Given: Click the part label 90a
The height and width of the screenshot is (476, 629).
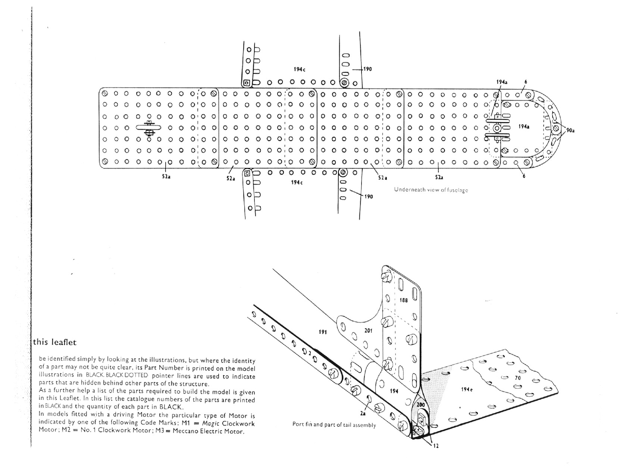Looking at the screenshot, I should pos(570,130).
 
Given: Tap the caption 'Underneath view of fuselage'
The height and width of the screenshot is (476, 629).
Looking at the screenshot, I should pos(431,190).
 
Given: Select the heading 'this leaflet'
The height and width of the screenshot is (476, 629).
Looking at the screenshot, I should pos(55,342).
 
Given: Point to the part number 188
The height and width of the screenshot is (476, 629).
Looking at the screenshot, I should pos(404,300).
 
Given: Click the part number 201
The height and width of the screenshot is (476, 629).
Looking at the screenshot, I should pos(368,330).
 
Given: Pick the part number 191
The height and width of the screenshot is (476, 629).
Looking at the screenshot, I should pos(323,332).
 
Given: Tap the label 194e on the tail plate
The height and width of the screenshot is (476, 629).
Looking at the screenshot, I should pos(467,389).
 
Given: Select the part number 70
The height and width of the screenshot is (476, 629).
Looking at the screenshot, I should pos(517,378).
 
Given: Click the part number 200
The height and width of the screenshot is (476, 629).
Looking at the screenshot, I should pos(420,405).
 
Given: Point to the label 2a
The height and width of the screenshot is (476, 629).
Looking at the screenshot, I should pos(363,413).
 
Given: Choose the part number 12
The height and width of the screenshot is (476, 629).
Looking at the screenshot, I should pos(436,446).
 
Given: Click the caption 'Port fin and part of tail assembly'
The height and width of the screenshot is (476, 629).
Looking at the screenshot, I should pos(334,425).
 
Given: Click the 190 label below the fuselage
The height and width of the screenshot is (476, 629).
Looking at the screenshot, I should pos(368,196).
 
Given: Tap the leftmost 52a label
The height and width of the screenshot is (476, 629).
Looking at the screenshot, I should pos(166,177).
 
